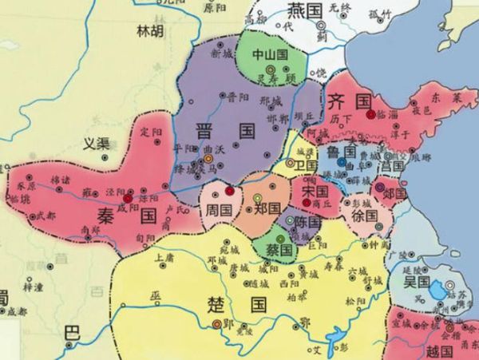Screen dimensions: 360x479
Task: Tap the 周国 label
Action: (x=219, y=208)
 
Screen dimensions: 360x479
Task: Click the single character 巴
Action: (x=73, y=332)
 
